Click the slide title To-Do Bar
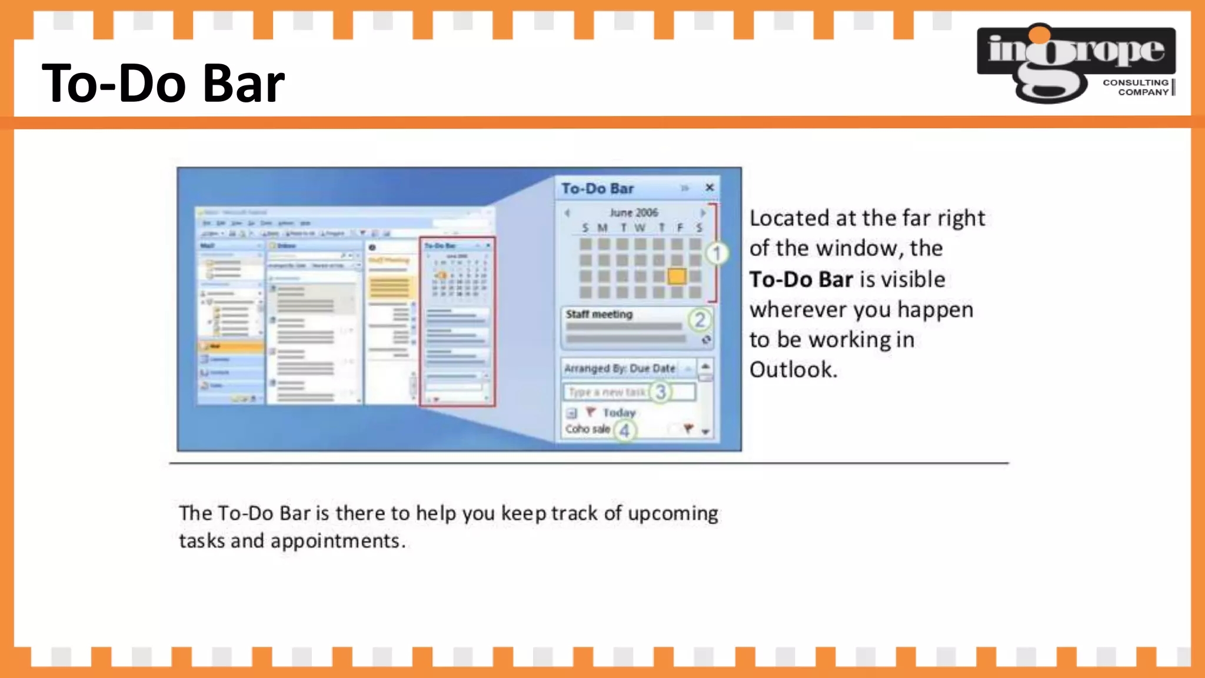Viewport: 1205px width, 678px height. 163,84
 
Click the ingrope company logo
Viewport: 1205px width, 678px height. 1076,62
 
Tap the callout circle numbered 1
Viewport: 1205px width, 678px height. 717,254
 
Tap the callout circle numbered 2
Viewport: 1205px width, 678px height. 700,320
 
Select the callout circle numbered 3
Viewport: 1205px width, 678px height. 660,392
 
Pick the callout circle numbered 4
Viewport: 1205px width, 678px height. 624,431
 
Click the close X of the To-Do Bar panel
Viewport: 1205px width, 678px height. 710,187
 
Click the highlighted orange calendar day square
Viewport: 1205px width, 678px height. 677,276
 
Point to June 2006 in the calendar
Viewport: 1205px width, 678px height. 634,212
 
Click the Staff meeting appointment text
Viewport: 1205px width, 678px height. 599,314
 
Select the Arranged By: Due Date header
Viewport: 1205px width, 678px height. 620,368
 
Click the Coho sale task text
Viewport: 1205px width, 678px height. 587,429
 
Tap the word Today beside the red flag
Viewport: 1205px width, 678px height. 619,413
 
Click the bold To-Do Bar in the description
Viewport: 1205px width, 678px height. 801,279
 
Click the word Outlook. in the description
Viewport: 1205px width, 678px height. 793,370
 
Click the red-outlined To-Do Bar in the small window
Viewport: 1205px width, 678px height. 457,322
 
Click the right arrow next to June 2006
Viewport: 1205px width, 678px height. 703,212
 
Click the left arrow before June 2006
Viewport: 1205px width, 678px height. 567,212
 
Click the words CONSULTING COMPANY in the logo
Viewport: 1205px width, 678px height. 1135,87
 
